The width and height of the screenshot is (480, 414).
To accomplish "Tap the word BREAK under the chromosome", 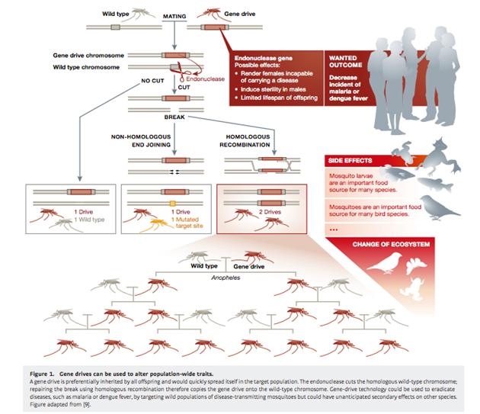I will (x=174, y=118).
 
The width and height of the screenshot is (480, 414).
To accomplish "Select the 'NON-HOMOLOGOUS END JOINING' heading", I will (x=144, y=141).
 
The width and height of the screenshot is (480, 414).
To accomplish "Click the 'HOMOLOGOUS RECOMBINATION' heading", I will (x=245, y=141).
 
